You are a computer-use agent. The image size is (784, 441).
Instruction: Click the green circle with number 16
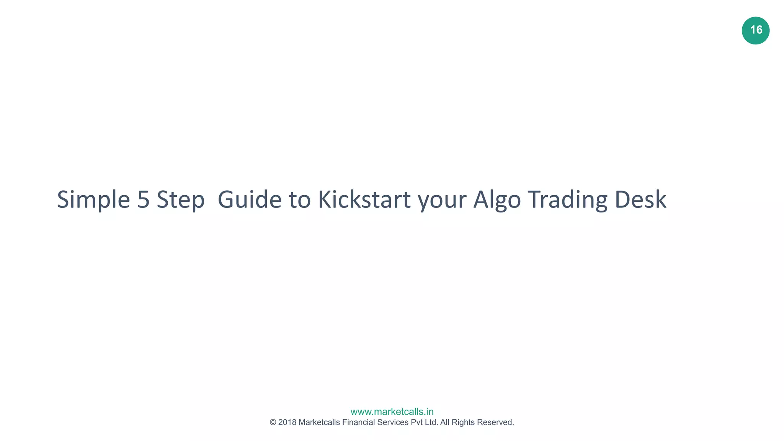755,30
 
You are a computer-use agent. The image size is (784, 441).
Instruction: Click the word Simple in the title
93,200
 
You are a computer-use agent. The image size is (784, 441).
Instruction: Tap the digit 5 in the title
143,200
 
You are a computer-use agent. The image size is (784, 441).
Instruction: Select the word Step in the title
180,200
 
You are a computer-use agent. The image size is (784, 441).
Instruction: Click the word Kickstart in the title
364,200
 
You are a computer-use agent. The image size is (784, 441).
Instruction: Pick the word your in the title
442,200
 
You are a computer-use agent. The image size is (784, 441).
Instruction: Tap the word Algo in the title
497,200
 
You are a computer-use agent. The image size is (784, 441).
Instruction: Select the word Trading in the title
567,200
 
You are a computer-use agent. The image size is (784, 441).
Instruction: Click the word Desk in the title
640,200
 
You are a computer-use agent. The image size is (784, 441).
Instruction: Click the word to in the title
299,200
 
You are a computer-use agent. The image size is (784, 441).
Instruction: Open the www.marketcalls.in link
392,412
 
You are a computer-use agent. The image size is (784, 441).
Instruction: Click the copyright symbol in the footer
273,422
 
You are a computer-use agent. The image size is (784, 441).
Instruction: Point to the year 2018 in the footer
287,422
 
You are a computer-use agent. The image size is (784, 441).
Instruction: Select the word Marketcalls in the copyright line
319,422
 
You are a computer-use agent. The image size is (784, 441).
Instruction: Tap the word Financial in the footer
358,422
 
